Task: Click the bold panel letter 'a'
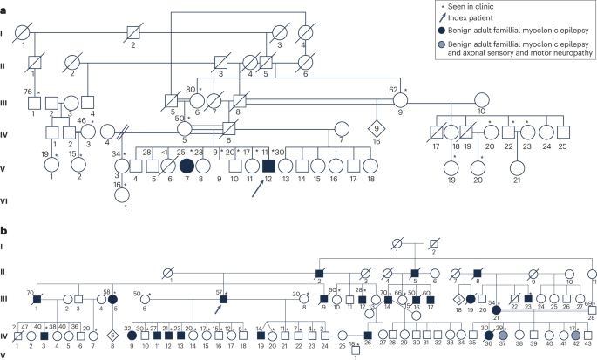click(x=4, y=5)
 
